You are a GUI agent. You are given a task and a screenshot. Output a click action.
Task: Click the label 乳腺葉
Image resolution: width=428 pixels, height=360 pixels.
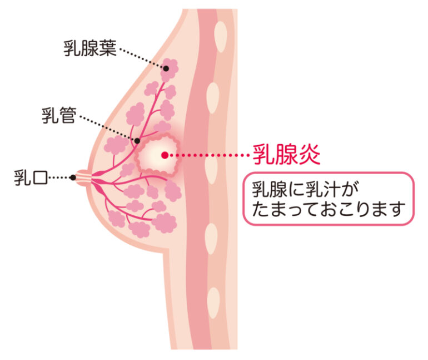coord(90,48)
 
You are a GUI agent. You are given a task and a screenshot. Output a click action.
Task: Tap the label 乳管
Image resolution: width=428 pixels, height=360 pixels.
coord(59,115)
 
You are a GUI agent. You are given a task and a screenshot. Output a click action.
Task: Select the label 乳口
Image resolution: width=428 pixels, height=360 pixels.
coord(31,177)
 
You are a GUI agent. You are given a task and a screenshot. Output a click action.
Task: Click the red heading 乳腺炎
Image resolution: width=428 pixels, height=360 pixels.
coord(286,155)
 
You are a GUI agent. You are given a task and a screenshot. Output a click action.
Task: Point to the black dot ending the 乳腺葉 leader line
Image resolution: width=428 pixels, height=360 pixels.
coord(166,68)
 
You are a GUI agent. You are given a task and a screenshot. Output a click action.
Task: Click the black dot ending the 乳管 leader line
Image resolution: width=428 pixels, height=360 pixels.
coord(137,141)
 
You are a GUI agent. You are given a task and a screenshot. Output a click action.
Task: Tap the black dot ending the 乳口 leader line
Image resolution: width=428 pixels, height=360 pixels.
coord(73,177)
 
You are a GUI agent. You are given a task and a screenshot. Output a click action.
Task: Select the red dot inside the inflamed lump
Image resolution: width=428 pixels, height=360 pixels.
coord(165,155)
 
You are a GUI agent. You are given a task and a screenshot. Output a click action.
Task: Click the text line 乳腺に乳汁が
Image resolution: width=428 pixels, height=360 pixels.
coord(305,189)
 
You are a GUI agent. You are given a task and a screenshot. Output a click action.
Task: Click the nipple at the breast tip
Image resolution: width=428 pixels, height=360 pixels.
coord(83,178)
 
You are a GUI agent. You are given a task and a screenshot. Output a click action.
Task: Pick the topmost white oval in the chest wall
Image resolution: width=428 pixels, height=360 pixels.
coord(221,37)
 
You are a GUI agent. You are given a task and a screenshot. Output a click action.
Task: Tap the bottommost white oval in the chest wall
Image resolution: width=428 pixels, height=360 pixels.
coord(213,303)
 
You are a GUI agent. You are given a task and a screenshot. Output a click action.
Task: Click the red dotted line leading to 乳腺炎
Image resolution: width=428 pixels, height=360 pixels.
coord(209,155)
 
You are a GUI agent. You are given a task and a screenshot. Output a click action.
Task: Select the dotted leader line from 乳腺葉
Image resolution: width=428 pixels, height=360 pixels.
coord(142,58)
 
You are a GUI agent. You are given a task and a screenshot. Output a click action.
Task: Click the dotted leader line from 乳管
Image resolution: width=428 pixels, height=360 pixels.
coord(107,129)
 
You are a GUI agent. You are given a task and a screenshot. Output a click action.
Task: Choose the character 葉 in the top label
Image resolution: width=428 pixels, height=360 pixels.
coord(108,48)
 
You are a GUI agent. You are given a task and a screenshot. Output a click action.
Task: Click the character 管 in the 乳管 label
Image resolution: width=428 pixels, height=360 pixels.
coord(68,115)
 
